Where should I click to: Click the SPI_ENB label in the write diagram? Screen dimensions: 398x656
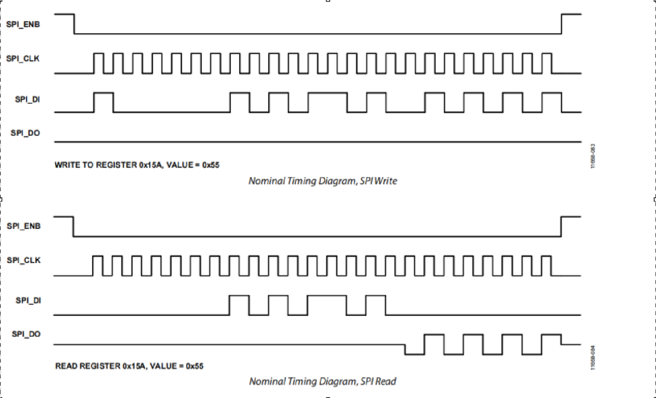(23, 24)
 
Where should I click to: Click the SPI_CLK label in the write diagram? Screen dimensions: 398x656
(23, 59)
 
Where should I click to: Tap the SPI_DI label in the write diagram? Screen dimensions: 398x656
(27, 99)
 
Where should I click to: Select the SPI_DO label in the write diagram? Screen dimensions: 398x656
(25, 133)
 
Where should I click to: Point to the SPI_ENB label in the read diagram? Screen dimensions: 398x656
(23, 226)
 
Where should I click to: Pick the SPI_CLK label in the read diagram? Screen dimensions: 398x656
(23, 261)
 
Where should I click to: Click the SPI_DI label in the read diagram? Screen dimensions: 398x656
(28, 301)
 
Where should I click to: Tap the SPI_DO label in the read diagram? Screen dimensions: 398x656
(26, 334)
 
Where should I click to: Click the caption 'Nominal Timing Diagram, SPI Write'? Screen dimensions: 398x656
(322, 181)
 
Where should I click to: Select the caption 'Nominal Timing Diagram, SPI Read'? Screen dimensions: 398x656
(322, 381)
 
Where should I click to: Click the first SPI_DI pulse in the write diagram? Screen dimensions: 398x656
(103, 102)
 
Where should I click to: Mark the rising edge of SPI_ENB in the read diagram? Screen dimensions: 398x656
(561, 226)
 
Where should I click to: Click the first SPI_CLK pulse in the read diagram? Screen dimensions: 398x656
(97, 266)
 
